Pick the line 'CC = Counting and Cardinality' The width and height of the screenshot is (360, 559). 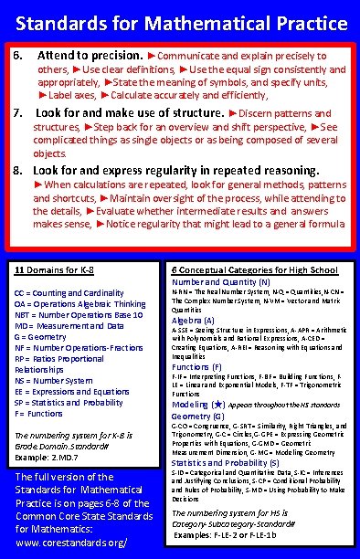click(69, 291)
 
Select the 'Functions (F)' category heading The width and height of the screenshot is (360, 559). click(197, 365)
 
